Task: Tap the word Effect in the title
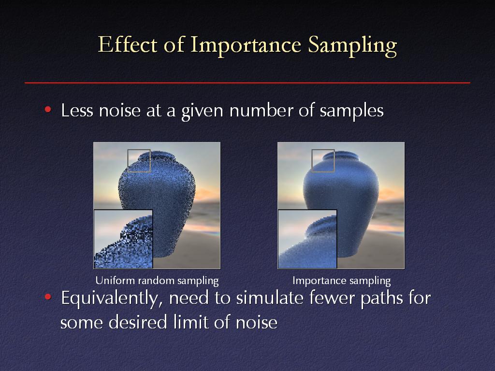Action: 128,44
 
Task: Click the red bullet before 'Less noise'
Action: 48,110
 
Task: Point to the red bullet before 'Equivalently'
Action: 48,297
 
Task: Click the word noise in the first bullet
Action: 119,111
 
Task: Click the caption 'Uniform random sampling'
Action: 157,281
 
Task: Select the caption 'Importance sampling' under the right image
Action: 342,281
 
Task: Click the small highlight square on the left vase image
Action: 139,150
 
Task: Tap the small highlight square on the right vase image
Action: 323,150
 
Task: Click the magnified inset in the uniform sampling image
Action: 123,239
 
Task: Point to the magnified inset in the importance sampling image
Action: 307,239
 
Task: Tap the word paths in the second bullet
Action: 382,299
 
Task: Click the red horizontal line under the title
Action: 247,83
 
